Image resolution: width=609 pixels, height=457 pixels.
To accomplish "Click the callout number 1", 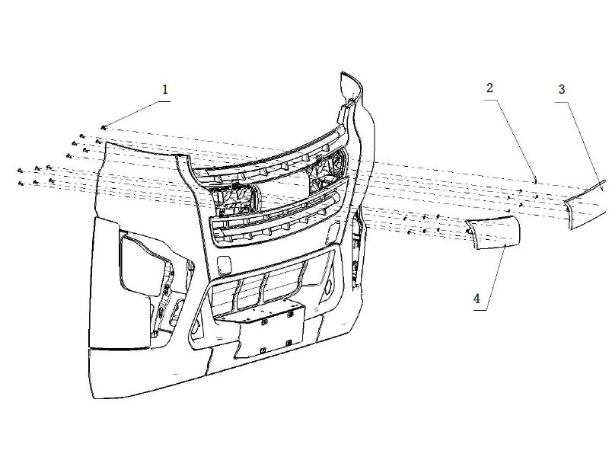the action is click(164, 89).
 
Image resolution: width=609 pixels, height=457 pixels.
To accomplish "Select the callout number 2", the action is click(490, 88).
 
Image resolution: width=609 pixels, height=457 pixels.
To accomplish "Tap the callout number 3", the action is click(561, 89).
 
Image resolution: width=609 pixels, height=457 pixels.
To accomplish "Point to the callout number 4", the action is click(477, 299).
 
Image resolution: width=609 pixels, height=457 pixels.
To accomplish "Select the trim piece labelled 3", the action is click(585, 203).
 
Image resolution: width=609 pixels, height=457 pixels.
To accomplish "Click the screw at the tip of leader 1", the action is click(103, 126).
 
